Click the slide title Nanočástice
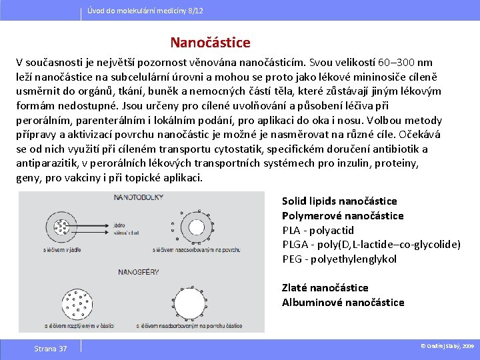(210, 43)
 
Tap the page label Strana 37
(51, 349)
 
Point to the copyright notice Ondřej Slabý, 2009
(447, 347)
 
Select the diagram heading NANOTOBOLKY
(139, 198)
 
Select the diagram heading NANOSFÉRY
(139, 272)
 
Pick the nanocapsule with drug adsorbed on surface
(192, 228)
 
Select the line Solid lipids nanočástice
(339, 201)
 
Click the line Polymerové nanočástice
(343, 216)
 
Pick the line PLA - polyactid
(318, 231)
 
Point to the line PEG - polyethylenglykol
(339, 259)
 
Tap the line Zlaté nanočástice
(325, 288)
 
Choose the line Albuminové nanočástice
(343, 303)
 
